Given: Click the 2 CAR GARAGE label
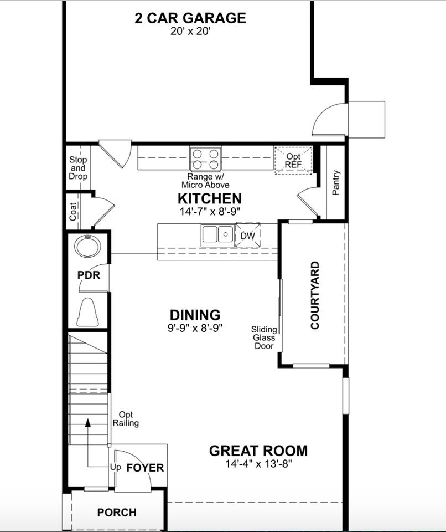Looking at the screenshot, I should [190, 18].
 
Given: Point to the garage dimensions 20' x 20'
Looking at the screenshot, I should [190, 32].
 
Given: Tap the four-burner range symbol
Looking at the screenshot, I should [205, 158].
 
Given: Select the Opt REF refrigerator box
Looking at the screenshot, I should [293, 161].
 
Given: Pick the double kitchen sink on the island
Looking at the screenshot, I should [216, 234].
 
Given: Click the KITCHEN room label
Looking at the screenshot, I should [209, 198].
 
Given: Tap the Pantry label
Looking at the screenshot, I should [335, 183].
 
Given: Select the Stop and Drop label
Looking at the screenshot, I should [78, 168].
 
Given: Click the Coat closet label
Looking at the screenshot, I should [73, 211].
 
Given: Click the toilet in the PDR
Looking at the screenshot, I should [88, 313].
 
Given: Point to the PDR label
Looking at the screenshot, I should [89, 275].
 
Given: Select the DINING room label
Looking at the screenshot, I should [195, 315].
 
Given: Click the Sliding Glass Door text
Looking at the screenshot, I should [264, 337].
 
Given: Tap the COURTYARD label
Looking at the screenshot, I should [315, 295].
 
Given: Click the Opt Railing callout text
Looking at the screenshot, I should [126, 418].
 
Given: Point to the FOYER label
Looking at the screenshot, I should [145, 468].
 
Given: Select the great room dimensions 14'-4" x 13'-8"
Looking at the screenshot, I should [258, 463].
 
